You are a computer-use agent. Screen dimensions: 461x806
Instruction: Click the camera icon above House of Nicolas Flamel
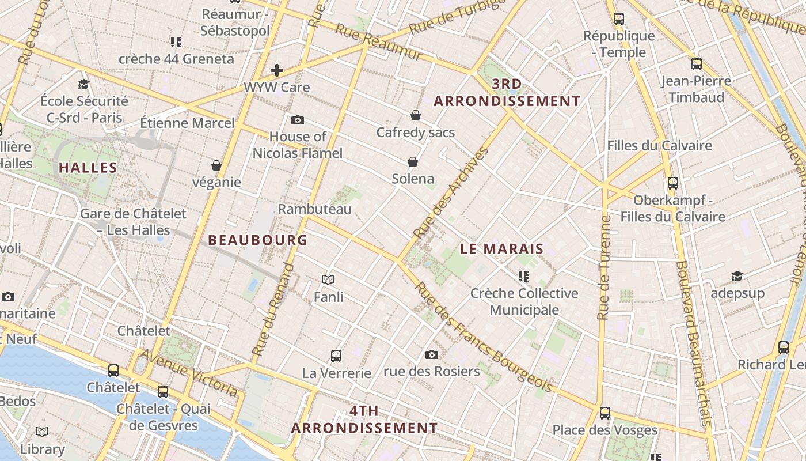[x=298, y=120]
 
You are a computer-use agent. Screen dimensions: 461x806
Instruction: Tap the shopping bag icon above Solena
[x=413, y=162]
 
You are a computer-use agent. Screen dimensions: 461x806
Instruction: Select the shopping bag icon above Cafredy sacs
[x=416, y=115]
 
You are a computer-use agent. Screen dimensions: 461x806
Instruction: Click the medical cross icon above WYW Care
[x=277, y=70]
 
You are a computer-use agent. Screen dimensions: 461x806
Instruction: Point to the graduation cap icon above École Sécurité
[x=84, y=84]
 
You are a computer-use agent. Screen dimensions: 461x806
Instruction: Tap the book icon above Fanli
[x=328, y=280]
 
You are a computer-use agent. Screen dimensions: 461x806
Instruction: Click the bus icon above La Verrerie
[x=336, y=356]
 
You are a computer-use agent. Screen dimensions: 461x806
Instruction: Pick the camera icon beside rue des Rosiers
[x=432, y=354]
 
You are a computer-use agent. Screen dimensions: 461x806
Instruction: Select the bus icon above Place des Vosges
[x=604, y=413]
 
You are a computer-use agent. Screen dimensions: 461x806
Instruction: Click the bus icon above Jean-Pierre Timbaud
[x=697, y=64]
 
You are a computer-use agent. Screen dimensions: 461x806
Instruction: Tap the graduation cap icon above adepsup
[x=737, y=277]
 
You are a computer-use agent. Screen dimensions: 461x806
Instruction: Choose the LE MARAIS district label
[x=502, y=249]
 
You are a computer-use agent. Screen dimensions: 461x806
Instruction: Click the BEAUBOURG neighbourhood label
[x=257, y=240]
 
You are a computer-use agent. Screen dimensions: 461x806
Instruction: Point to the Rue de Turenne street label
[x=604, y=267]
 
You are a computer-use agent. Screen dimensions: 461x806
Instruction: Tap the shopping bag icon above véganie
[x=216, y=166]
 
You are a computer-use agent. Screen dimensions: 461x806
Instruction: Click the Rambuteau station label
[x=314, y=209]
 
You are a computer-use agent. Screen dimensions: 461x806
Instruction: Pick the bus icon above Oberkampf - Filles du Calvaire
[x=673, y=183]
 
